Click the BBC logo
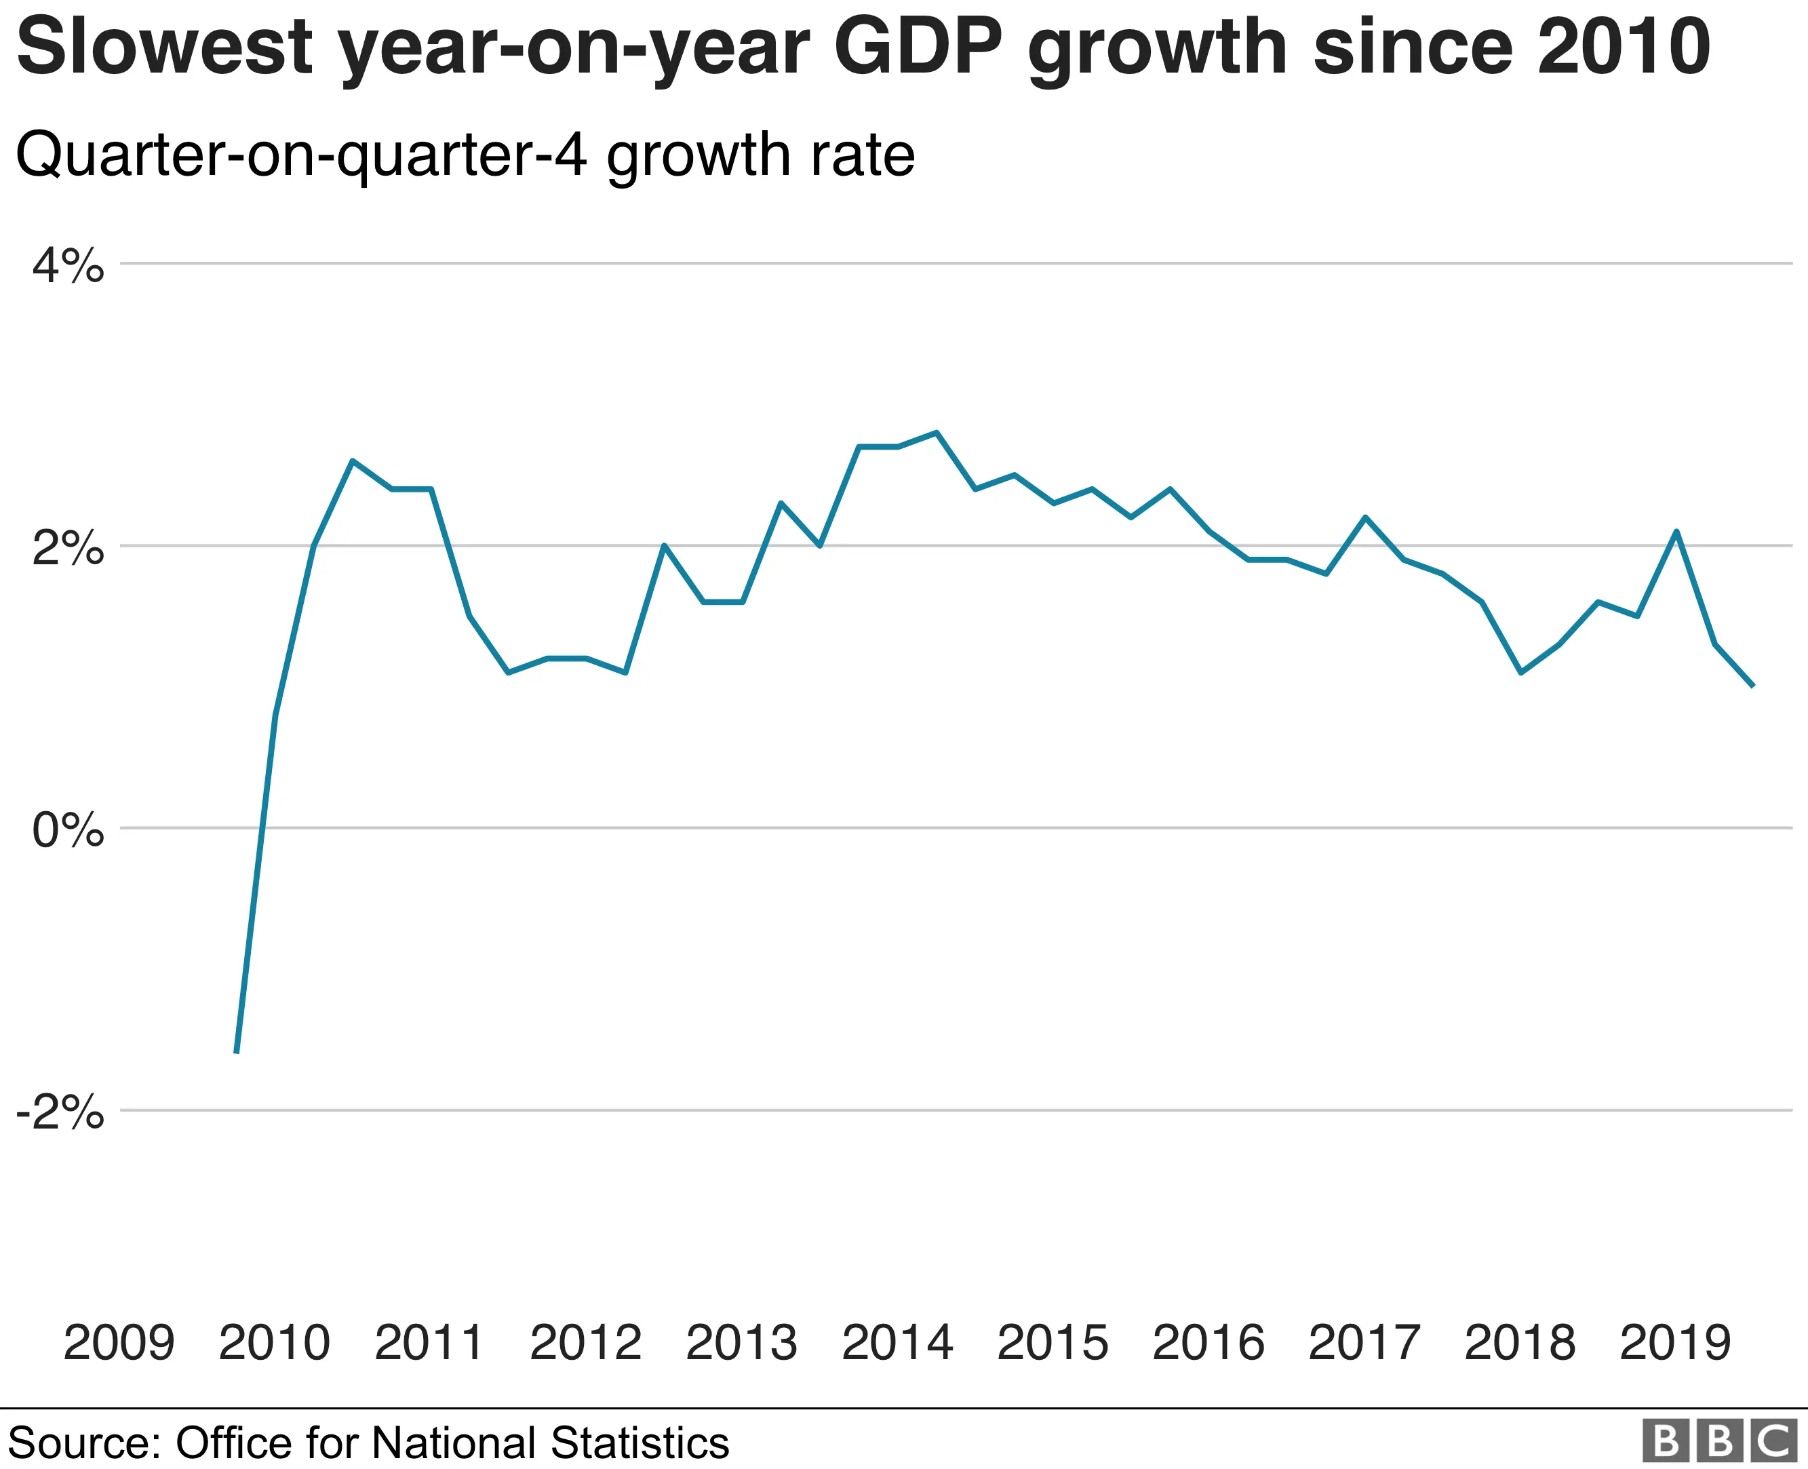(x=1719, y=1441)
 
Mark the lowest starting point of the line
(x=236, y=1053)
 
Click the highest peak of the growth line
(x=937, y=433)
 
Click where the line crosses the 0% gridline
(x=262, y=827)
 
